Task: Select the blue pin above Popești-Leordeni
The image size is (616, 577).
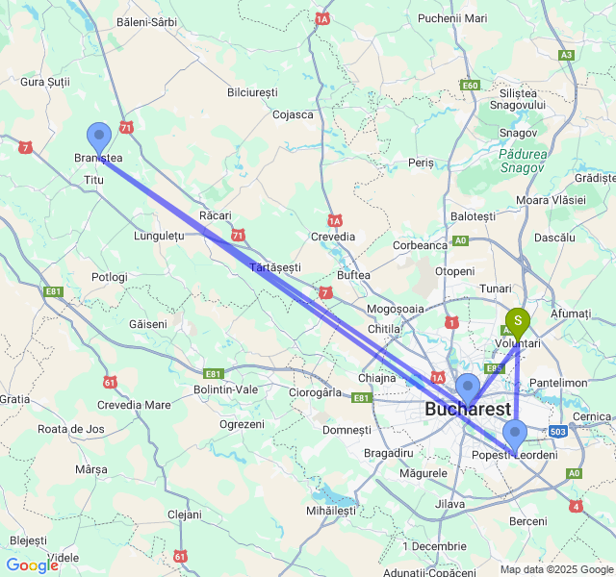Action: pos(516,434)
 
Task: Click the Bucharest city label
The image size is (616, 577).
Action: pos(468,410)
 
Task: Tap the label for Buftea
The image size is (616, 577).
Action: pos(354,275)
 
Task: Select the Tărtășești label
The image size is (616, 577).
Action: pos(275,266)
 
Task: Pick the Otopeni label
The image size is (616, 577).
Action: pos(454,271)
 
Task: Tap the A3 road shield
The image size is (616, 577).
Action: pos(567,55)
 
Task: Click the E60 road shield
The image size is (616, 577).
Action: pos(470,86)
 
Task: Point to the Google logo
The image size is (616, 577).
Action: pos(31,565)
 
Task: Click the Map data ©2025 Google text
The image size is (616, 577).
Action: pos(555,569)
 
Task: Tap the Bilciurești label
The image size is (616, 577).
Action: pos(252,91)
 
